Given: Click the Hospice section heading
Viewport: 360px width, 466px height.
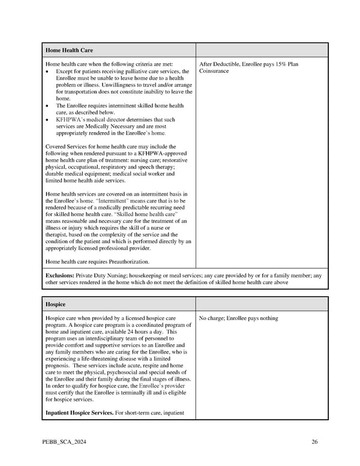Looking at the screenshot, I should (55, 304).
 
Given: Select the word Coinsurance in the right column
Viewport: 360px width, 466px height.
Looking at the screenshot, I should (214, 71).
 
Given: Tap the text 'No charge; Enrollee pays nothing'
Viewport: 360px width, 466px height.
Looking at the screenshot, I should (238, 318).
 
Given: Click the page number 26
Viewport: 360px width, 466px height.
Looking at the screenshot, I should (314, 442).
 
